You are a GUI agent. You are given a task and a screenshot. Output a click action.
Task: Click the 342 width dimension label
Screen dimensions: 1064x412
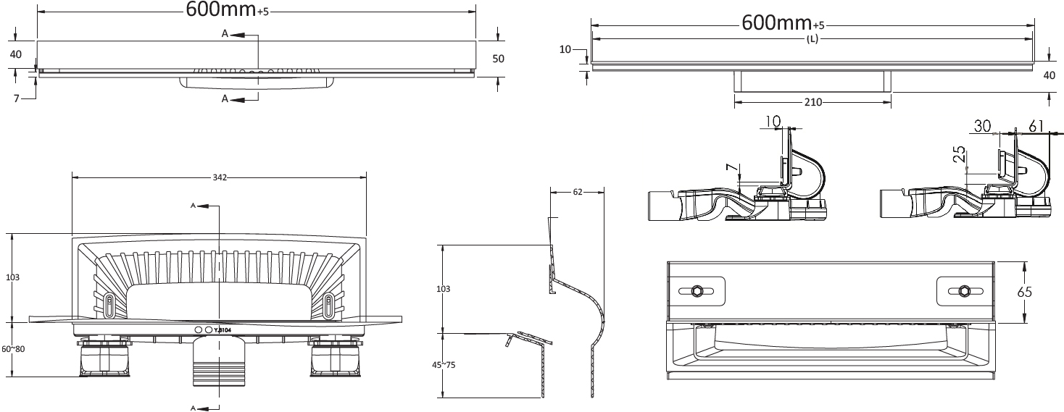click(x=220, y=177)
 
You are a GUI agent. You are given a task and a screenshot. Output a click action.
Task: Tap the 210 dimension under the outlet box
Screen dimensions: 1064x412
click(x=812, y=102)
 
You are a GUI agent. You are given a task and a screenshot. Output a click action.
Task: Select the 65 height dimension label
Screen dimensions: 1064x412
click(x=1025, y=291)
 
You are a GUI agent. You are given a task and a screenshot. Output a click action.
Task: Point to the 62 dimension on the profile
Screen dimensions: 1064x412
click(x=578, y=192)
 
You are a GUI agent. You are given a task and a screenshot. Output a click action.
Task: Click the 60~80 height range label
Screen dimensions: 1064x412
click(x=13, y=349)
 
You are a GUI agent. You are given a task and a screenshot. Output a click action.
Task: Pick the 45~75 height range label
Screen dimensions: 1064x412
click(x=444, y=365)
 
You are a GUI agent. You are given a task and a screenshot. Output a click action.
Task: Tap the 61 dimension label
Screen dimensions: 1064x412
click(x=1036, y=126)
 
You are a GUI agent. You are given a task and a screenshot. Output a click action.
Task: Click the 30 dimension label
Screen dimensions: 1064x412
click(x=982, y=126)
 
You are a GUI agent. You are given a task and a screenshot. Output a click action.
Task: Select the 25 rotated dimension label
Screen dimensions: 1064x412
click(x=960, y=154)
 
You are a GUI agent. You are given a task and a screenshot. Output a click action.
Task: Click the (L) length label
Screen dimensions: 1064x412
click(x=812, y=39)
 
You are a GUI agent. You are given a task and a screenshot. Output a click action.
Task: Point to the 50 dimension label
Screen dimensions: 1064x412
click(x=498, y=59)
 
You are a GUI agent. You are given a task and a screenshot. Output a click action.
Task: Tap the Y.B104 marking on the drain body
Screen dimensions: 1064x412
click(x=223, y=330)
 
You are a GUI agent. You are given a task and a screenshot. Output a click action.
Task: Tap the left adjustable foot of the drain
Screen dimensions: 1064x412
click(x=104, y=358)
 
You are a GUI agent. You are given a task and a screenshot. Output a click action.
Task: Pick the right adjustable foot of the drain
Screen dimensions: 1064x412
click(x=336, y=358)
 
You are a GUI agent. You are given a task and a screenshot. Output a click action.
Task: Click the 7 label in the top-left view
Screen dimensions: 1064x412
click(x=17, y=98)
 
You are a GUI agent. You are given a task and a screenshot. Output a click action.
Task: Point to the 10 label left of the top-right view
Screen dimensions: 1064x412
click(x=565, y=49)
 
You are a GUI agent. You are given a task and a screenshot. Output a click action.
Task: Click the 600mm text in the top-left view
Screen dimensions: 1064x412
click(x=220, y=9)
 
